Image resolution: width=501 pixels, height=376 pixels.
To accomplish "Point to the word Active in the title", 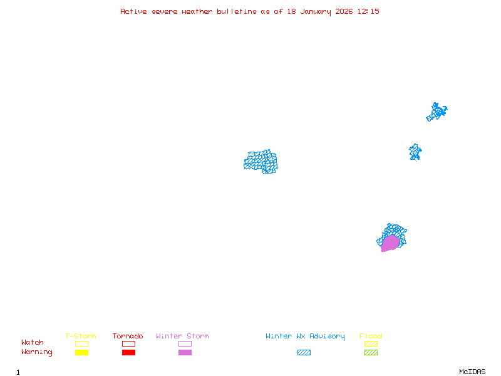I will tap(134, 11).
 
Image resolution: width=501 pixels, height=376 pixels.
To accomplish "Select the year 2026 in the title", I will tap(343, 11).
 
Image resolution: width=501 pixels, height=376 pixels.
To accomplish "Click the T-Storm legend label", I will tap(81, 337).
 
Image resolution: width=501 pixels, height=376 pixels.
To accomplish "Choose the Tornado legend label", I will tap(128, 337).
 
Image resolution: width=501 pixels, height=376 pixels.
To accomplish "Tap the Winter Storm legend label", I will tap(182, 337).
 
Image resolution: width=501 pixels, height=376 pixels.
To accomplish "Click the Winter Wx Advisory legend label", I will tap(305, 337).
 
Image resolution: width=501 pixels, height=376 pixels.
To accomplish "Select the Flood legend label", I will tap(371, 337).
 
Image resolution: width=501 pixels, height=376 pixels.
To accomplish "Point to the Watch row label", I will tap(33, 343).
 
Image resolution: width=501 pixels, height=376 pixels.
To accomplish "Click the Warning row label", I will tap(37, 352).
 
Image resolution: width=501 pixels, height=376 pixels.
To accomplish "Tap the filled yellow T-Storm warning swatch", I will tap(81, 353).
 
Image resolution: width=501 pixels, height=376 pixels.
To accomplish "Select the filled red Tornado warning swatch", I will tap(128, 353).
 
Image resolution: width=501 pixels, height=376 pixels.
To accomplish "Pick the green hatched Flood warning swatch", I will tap(371, 353).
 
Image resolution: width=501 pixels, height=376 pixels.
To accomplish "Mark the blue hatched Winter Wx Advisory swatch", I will tap(304, 353).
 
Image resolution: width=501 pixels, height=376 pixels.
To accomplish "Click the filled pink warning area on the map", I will tap(390, 243).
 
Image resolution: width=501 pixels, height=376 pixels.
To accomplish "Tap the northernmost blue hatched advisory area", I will tap(436, 112).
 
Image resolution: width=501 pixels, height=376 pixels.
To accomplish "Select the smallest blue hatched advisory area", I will tap(415, 152).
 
